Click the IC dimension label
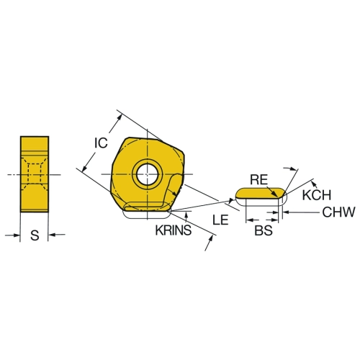(101, 143)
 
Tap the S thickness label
(35, 235)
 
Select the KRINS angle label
(174, 230)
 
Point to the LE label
(220, 220)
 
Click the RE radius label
(258, 180)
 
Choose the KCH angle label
(317, 195)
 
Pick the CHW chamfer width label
(338, 212)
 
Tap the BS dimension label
(264, 230)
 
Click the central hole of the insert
(148, 174)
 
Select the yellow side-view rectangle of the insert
(35, 174)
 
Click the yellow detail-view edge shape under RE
(261, 194)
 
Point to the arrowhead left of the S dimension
(17, 235)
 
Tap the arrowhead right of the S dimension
(52, 235)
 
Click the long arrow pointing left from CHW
(301, 212)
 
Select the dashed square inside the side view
(35, 174)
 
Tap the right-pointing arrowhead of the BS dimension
(274, 220)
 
